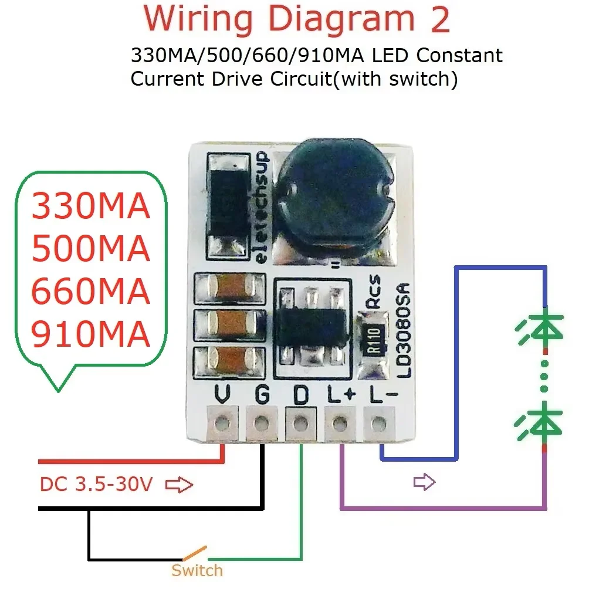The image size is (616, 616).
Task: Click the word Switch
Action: pos(197,570)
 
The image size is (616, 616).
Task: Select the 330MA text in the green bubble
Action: pos(90,207)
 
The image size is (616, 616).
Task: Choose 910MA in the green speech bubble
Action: pos(90,335)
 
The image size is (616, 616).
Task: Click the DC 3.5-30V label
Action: pos(96,485)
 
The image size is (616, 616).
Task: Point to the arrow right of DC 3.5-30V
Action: pos(179,485)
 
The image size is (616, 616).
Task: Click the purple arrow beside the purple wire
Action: pos(424,482)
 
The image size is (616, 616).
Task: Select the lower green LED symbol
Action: pos(541,421)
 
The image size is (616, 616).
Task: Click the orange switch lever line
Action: pos(194,553)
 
